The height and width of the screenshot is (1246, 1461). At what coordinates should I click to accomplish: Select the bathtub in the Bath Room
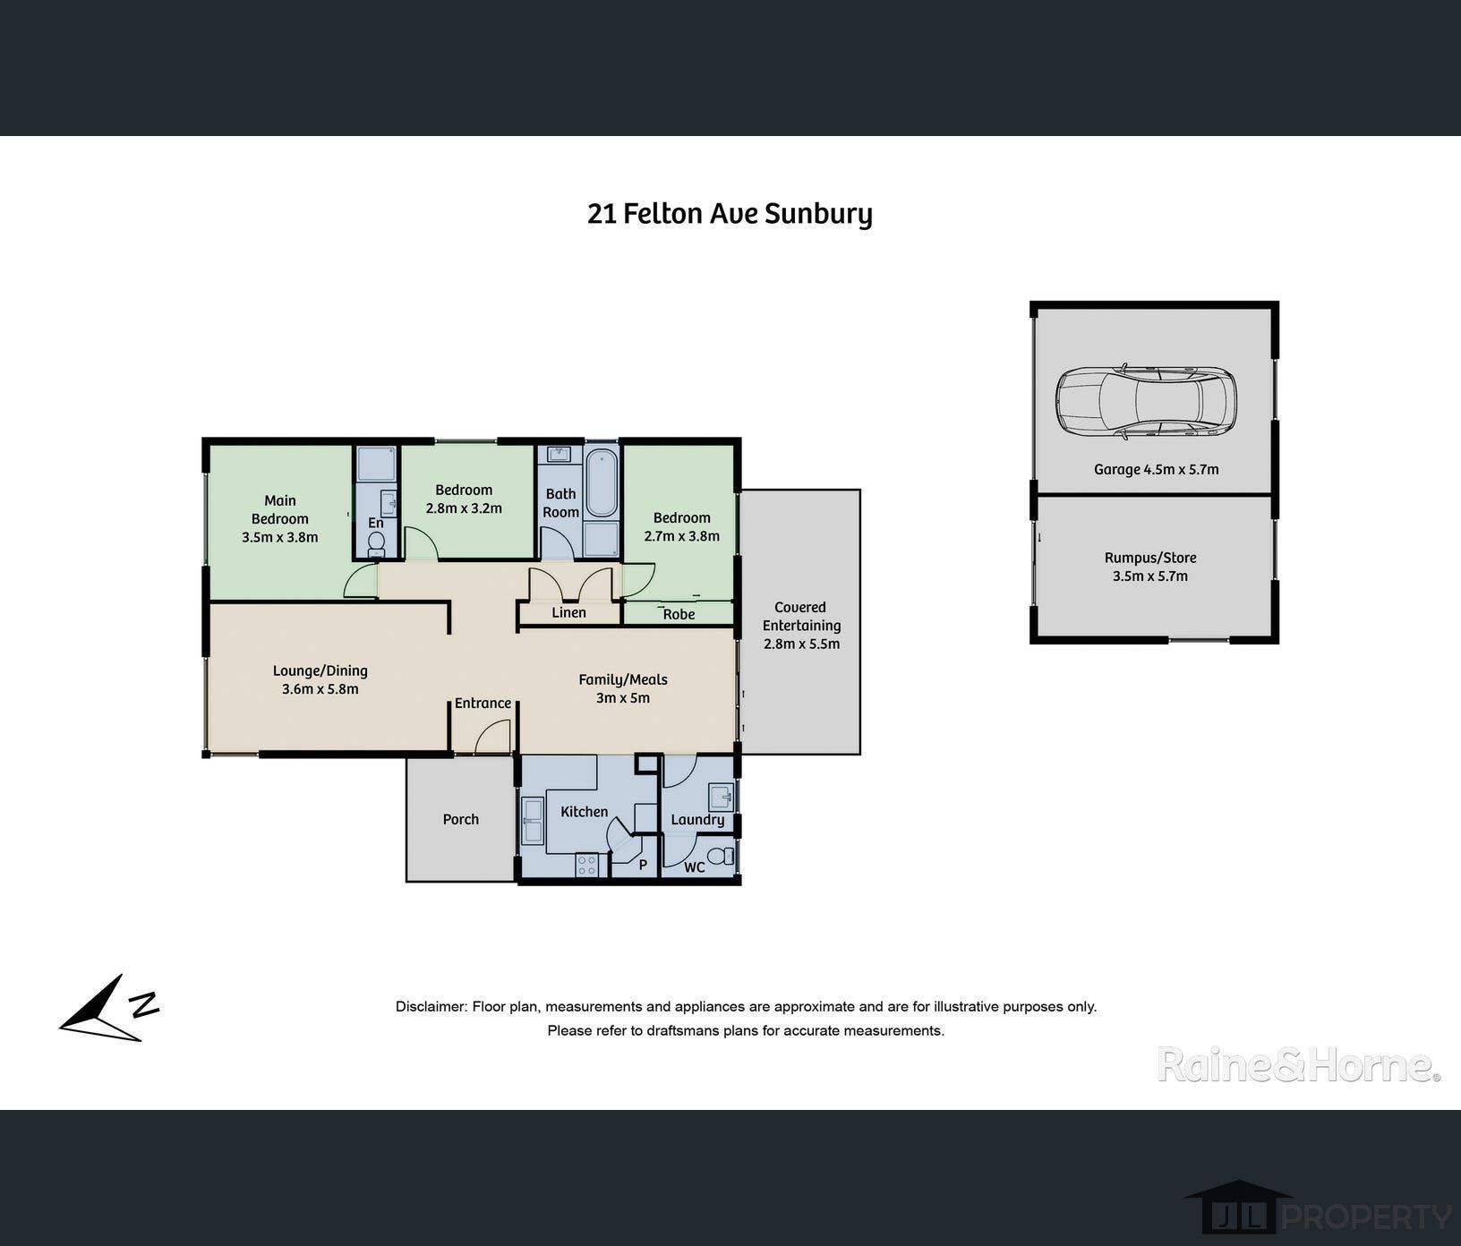coord(602,483)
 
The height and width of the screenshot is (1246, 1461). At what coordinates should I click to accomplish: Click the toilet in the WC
coord(724,856)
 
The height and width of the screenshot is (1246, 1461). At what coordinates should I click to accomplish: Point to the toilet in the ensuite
coord(377,542)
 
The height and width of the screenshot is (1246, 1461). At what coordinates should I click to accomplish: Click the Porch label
coord(461,819)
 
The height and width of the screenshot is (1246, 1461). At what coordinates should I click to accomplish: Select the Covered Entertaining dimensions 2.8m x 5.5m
coord(801,644)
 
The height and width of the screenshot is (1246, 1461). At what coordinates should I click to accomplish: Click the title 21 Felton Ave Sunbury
coord(730,214)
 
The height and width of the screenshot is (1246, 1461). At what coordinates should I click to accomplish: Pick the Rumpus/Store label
coord(1150,558)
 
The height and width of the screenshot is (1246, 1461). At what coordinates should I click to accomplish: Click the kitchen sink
coord(533,821)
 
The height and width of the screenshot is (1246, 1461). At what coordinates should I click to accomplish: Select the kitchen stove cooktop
coord(587,866)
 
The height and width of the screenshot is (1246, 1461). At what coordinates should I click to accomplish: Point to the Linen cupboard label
coord(569,613)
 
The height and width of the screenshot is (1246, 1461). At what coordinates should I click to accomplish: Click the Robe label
coord(679,614)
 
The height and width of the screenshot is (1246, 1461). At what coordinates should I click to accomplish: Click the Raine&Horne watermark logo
coord(1298,1065)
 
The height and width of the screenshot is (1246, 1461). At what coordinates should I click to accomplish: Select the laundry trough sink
coord(721,795)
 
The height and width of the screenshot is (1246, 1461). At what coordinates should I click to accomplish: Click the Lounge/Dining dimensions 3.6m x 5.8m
coord(320,689)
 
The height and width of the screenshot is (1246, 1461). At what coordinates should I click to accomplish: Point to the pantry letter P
coord(643,866)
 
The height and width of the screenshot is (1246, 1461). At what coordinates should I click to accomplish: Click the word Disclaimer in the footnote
coord(431,1007)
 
